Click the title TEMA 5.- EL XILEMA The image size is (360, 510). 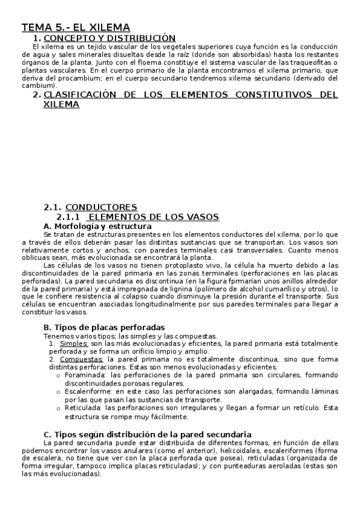coord(76,27)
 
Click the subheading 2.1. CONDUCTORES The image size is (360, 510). coord(90,207)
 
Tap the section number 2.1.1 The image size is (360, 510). coord(68,217)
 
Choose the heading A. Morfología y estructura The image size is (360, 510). coord(97,226)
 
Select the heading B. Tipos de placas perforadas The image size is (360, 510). coord(104,327)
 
